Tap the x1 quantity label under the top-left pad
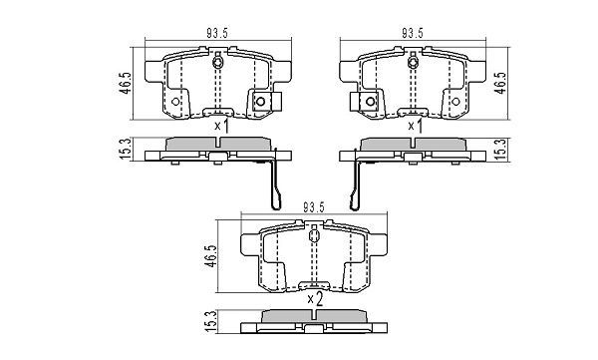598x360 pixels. [220, 127]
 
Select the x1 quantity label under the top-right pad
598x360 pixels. [412, 127]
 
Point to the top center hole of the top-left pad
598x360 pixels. [217, 65]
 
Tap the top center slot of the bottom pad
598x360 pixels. [314, 237]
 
